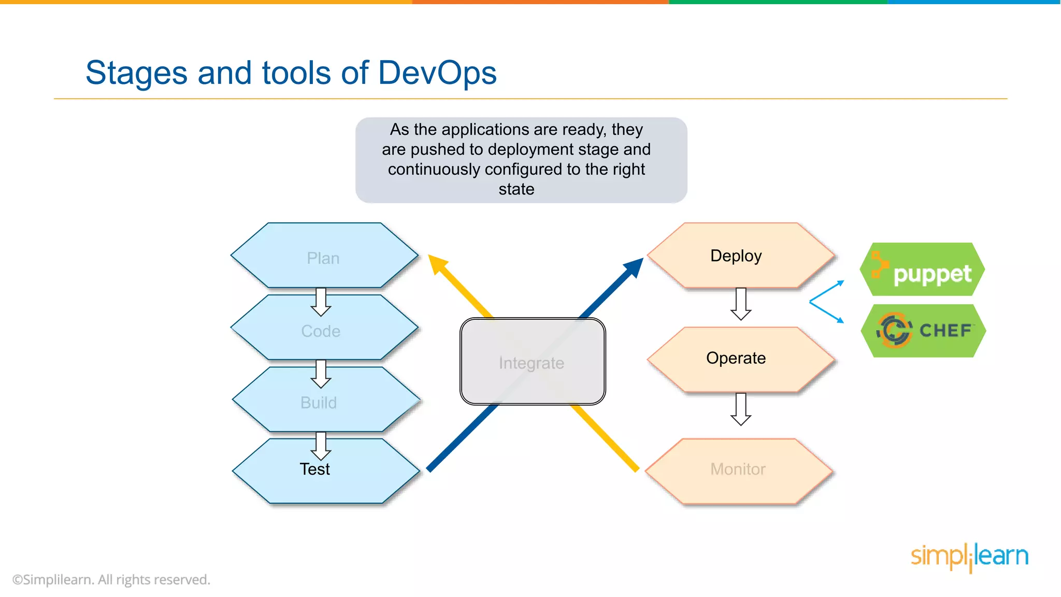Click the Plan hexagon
(x=323, y=258)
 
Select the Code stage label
(x=321, y=331)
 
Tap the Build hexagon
(x=319, y=403)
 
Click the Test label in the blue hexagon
(x=314, y=469)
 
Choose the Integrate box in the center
(x=532, y=362)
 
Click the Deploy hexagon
(x=736, y=255)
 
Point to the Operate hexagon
(x=736, y=358)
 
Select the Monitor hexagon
(x=738, y=470)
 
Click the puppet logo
(x=922, y=270)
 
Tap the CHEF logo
(x=923, y=331)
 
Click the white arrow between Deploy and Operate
(x=741, y=304)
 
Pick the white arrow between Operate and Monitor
(x=741, y=409)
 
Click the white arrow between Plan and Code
(x=321, y=302)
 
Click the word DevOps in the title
(x=437, y=73)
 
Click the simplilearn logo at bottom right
(x=969, y=557)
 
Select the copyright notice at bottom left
(x=111, y=579)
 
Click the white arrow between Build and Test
(x=321, y=446)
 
